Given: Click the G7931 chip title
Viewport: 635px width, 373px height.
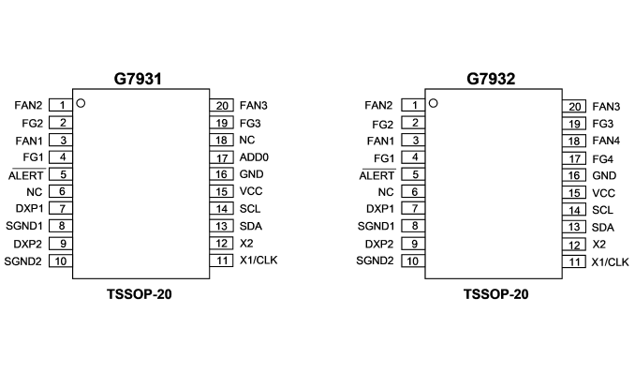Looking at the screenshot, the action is (x=138, y=78).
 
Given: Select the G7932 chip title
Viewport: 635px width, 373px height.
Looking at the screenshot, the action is (x=491, y=78).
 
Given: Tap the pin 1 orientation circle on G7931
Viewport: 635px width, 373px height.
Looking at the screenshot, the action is (x=81, y=103).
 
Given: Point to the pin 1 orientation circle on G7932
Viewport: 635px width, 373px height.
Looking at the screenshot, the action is (x=434, y=103).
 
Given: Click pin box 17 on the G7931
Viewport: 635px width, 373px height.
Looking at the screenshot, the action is (x=222, y=157).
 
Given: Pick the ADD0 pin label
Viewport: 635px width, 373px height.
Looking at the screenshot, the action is (x=254, y=157).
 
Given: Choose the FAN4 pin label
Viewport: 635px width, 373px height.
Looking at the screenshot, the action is (x=606, y=141).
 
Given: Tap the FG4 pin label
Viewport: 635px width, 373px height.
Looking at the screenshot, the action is (x=602, y=159).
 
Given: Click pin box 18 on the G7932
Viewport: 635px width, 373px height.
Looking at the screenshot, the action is (x=574, y=142).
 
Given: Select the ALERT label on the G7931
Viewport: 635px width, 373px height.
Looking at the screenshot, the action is (x=26, y=175).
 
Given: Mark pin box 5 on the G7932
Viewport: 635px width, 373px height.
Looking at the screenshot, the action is (x=413, y=174).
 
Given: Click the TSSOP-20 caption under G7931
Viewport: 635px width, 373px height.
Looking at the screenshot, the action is (x=140, y=294).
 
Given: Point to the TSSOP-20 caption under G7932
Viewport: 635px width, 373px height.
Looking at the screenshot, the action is (x=496, y=294).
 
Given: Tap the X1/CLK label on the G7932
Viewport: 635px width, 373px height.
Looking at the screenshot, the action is (x=611, y=262).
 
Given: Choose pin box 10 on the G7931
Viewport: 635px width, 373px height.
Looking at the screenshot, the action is (x=61, y=261).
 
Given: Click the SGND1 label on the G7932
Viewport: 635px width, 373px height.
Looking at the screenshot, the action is (x=376, y=226).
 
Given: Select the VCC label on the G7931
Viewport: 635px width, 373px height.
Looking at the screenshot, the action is (x=251, y=191).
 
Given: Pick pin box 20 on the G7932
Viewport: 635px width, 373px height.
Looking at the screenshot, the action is (x=574, y=107).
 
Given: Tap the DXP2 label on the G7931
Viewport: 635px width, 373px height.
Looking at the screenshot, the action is (x=27, y=244).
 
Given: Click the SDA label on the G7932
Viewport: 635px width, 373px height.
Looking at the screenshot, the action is (x=603, y=228).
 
